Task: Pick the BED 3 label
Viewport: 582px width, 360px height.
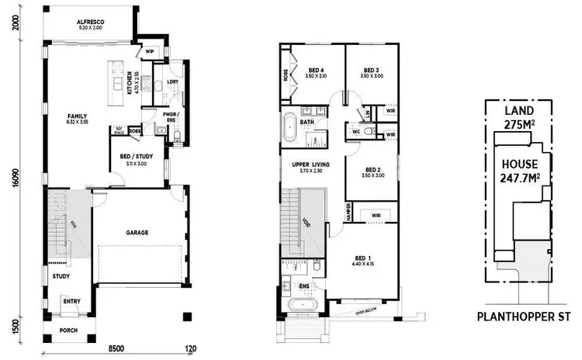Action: tap(371, 67)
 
